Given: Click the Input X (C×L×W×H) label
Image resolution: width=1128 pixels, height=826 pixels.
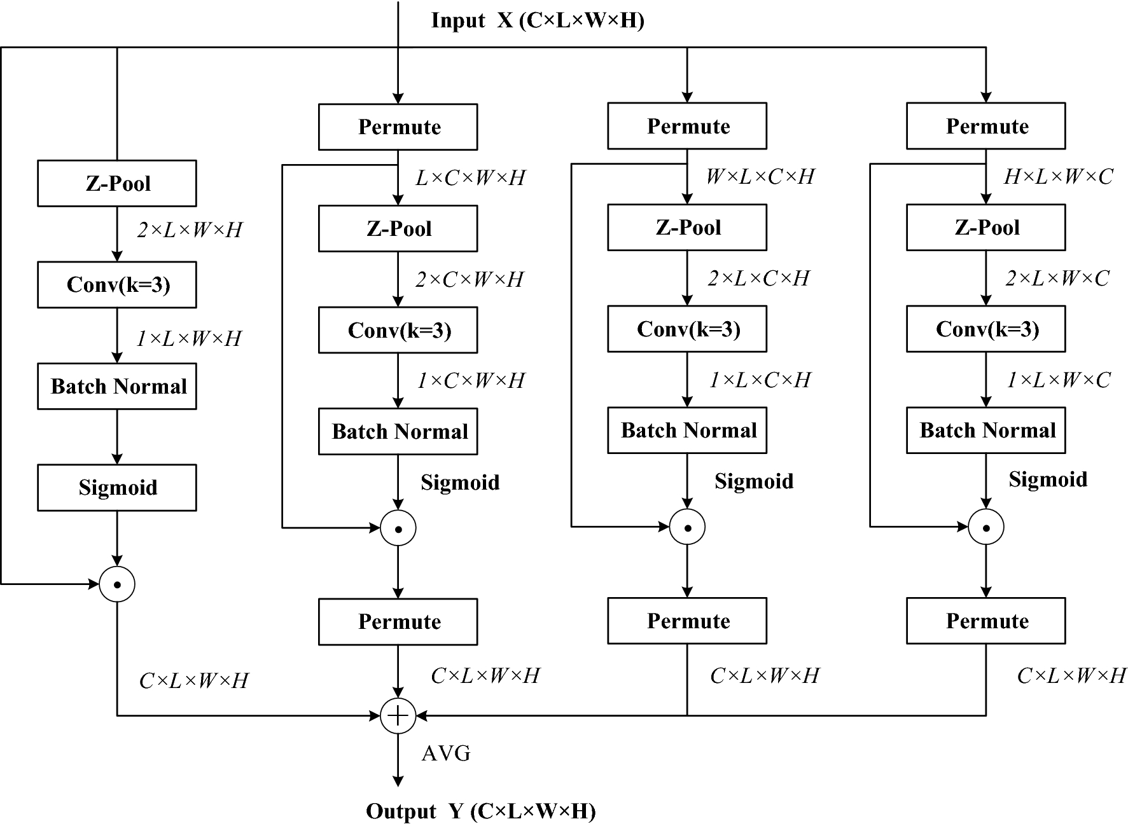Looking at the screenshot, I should [538, 20].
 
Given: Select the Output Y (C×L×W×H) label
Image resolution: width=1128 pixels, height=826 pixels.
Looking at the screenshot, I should [481, 811].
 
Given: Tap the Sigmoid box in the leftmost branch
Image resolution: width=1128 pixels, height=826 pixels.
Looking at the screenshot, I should [117, 488].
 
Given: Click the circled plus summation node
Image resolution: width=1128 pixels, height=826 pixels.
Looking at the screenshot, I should [398, 716].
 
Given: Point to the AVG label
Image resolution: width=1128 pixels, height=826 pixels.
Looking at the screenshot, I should [446, 754].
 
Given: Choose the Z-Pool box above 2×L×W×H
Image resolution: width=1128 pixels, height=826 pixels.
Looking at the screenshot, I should [117, 184].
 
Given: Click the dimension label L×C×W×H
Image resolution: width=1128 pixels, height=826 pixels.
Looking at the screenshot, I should [471, 178].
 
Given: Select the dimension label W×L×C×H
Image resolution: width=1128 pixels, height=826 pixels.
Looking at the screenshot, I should [760, 177].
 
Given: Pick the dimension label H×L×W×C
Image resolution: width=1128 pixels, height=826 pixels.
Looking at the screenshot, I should [1059, 177].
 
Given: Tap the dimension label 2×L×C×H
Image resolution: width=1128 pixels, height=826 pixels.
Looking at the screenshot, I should [759, 278].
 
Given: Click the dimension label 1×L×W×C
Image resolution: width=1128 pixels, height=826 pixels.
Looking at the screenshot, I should [1059, 380].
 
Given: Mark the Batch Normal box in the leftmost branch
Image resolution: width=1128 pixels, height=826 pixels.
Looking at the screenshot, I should [117, 387].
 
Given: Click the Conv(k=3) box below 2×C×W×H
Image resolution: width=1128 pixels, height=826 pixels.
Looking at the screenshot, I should [398, 330].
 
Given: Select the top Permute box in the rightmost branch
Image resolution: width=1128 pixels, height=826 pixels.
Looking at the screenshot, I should [986, 127].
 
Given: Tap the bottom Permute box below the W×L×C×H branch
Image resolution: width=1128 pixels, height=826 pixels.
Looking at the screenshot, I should [687, 621].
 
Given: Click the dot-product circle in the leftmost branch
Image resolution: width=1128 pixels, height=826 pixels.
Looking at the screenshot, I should [117, 584].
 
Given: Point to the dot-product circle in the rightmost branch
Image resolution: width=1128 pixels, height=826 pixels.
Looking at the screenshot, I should [986, 527].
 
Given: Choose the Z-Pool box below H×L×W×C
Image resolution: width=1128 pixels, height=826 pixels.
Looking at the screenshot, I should [986, 228].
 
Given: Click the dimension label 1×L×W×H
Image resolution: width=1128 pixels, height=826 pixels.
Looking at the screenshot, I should [190, 338].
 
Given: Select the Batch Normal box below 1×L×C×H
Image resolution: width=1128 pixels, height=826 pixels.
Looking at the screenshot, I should [687, 430].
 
